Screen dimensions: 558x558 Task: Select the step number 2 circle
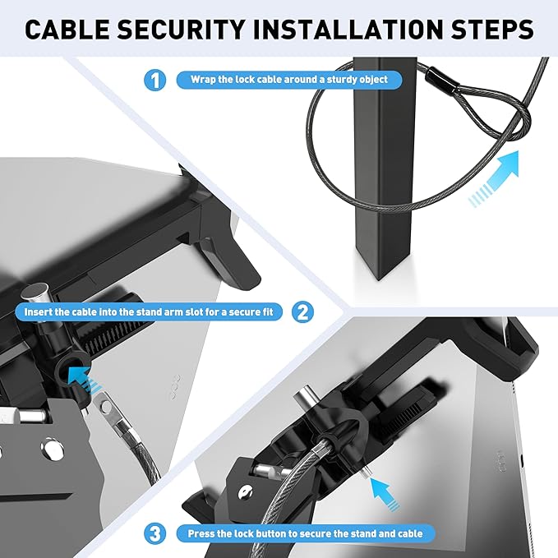pos(302,311)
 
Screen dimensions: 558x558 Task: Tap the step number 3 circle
pos(154,533)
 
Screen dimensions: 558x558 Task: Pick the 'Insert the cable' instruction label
pos(153,311)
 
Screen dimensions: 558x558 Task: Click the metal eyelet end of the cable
pos(105,404)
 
